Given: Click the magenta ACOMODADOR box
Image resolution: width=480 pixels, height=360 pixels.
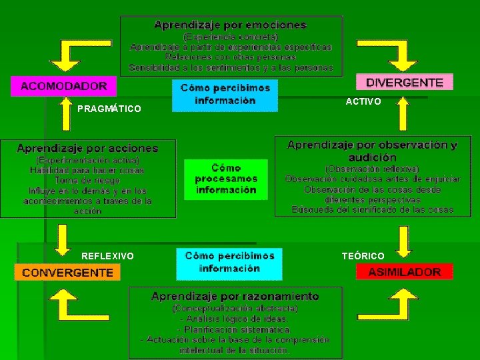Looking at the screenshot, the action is point(63,86).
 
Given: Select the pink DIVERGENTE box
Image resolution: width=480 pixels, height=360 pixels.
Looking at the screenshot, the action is point(404,83).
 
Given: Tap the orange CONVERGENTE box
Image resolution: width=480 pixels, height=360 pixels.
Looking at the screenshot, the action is point(67,272).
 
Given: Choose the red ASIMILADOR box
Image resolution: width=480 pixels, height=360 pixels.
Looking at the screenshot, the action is point(404,271).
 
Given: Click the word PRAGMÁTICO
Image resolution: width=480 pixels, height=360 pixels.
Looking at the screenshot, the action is point(109,108).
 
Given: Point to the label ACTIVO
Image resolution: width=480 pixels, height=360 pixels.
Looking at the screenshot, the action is point(363,101).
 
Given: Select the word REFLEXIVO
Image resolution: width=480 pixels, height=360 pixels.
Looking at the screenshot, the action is point(107,256).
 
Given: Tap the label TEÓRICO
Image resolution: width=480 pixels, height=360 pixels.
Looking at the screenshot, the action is point(363,256).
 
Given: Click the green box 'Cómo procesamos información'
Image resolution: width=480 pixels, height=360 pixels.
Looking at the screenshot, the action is point(225,179).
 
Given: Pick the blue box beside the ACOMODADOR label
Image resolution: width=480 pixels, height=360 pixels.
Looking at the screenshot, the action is point(225,95).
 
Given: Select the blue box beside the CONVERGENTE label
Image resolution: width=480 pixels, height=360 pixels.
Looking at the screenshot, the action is point(229,263).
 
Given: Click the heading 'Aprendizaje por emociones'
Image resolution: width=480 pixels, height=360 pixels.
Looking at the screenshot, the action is point(231,25).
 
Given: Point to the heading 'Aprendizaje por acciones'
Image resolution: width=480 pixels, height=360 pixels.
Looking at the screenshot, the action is point(87,148).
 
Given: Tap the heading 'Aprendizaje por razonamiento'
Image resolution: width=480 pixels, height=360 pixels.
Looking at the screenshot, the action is point(235,296).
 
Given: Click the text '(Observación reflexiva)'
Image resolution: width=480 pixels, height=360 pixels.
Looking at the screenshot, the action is point(372,169).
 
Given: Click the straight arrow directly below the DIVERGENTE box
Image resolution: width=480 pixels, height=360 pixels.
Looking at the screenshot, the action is point(403,113).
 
